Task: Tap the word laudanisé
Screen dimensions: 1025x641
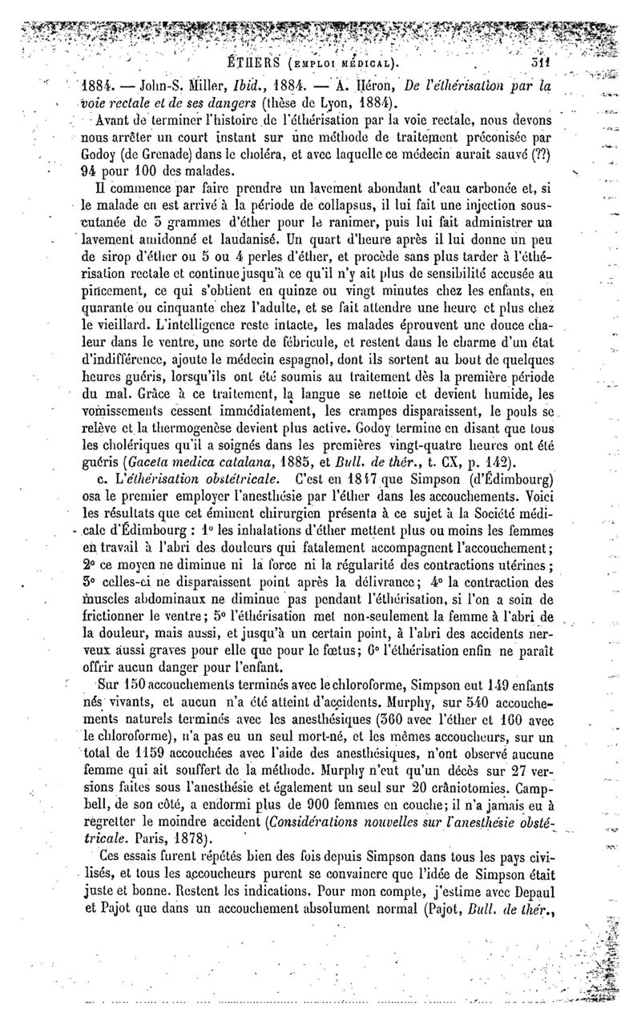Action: click(250, 238)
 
